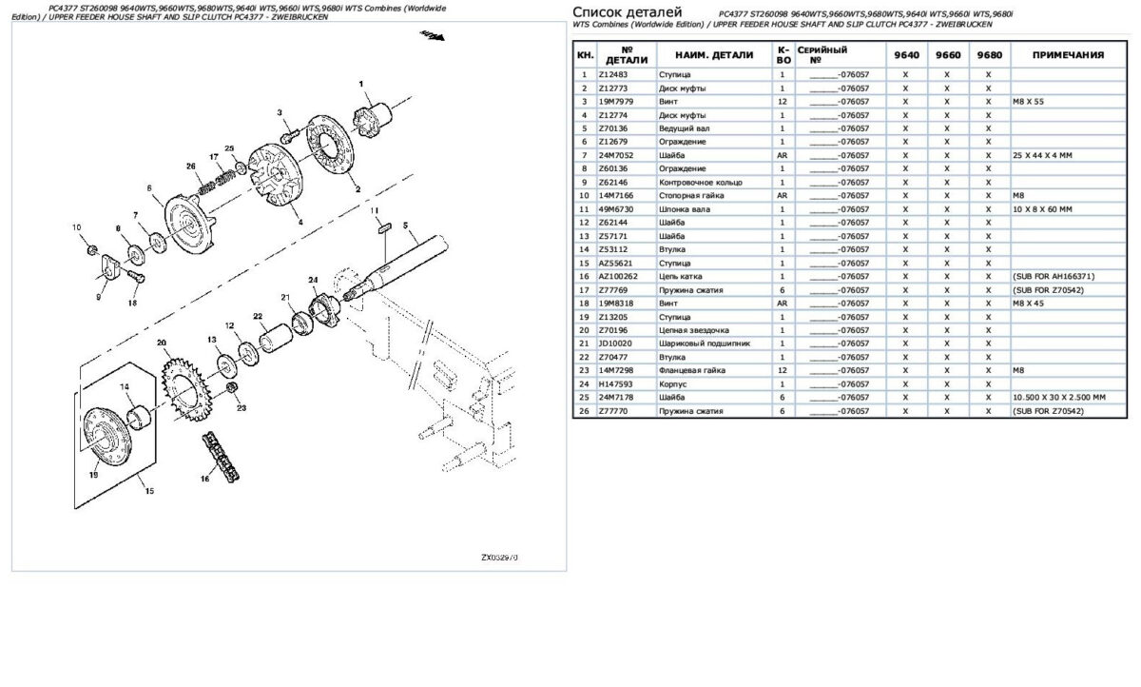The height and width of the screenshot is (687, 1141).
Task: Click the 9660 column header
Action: tap(947, 54)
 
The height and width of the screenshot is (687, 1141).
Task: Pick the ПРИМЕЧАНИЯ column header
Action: tap(1068, 54)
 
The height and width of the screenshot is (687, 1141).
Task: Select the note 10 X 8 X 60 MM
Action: tap(1043, 208)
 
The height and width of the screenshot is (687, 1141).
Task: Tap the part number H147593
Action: tap(613, 383)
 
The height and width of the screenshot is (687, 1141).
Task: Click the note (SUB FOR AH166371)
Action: tap(1048, 276)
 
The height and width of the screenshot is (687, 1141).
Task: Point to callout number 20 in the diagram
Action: tap(161, 343)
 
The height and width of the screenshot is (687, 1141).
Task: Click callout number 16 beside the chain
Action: tap(204, 479)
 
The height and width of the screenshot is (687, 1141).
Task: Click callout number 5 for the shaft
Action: tap(404, 226)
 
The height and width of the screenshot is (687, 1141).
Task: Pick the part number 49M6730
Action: tap(615, 208)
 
